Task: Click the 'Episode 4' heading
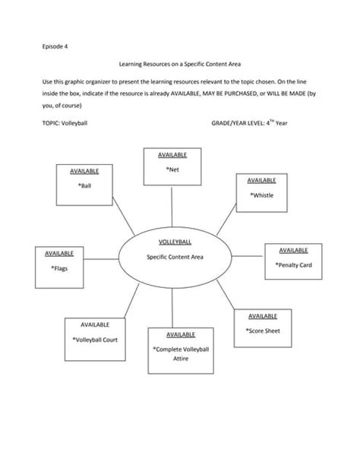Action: pyautogui.click(x=53, y=46)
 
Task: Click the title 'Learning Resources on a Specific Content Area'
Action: pyautogui.click(x=180, y=66)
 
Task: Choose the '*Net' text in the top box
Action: pyautogui.click(x=172, y=169)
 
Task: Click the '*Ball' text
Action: pyautogui.click(x=85, y=185)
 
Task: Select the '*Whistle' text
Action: pyautogui.click(x=261, y=195)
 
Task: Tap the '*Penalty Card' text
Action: pyautogui.click(x=293, y=265)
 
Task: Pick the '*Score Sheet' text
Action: pyautogui.click(x=263, y=331)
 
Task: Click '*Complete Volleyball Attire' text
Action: pyautogui.click(x=180, y=353)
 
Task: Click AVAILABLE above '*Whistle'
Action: pyautogui.click(x=261, y=180)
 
